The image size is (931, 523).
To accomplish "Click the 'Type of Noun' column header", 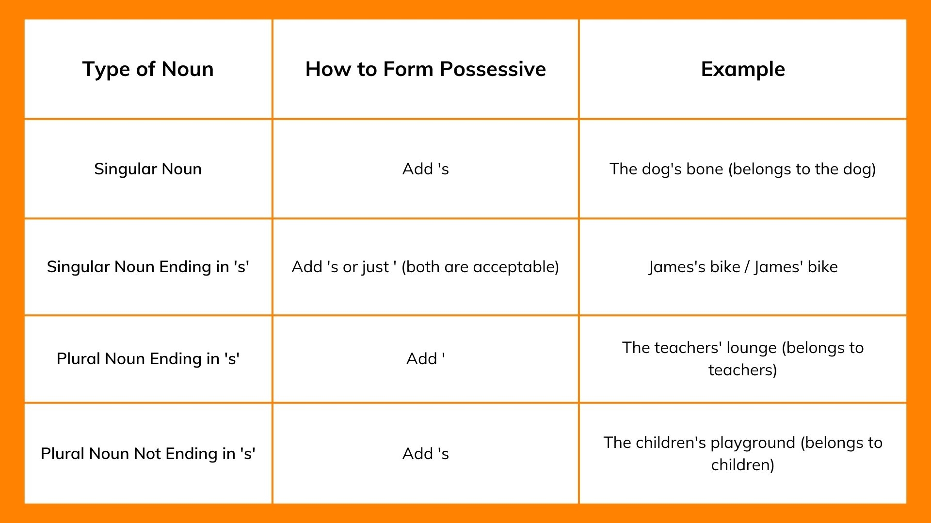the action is tap(148, 69).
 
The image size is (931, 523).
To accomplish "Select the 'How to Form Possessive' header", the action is tap(425, 69).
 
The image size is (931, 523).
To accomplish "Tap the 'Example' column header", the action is tap(743, 69).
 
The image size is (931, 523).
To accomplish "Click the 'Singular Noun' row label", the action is tap(148, 169).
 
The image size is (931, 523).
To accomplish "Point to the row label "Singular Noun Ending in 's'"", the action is tap(148, 267).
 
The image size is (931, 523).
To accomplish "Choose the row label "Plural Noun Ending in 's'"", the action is tap(148, 359).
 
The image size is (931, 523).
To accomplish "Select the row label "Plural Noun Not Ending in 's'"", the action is tap(148, 454).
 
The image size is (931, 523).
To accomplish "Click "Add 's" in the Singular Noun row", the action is tap(425, 169).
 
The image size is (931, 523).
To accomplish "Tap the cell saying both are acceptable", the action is tap(425, 267).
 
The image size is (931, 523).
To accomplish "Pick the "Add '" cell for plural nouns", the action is tap(425, 359).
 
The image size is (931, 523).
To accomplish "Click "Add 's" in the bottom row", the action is tap(425, 454).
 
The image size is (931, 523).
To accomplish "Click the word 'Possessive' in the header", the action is tap(493, 69).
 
